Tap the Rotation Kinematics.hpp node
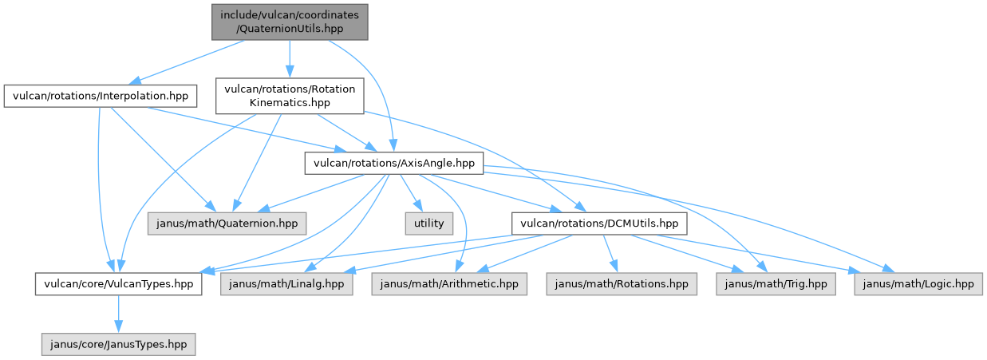click(x=290, y=97)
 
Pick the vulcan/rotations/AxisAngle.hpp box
click(x=394, y=164)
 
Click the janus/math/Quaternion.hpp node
click(x=227, y=224)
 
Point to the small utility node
click(x=428, y=224)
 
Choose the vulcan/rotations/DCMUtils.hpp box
click(x=598, y=224)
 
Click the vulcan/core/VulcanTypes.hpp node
click(x=118, y=283)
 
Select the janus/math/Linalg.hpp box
click(x=287, y=283)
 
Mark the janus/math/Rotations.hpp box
click(x=621, y=283)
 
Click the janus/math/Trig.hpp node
click(x=776, y=283)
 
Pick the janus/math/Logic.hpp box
click(x=918, y=283)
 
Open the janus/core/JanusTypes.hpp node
click(x=118, y=343)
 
